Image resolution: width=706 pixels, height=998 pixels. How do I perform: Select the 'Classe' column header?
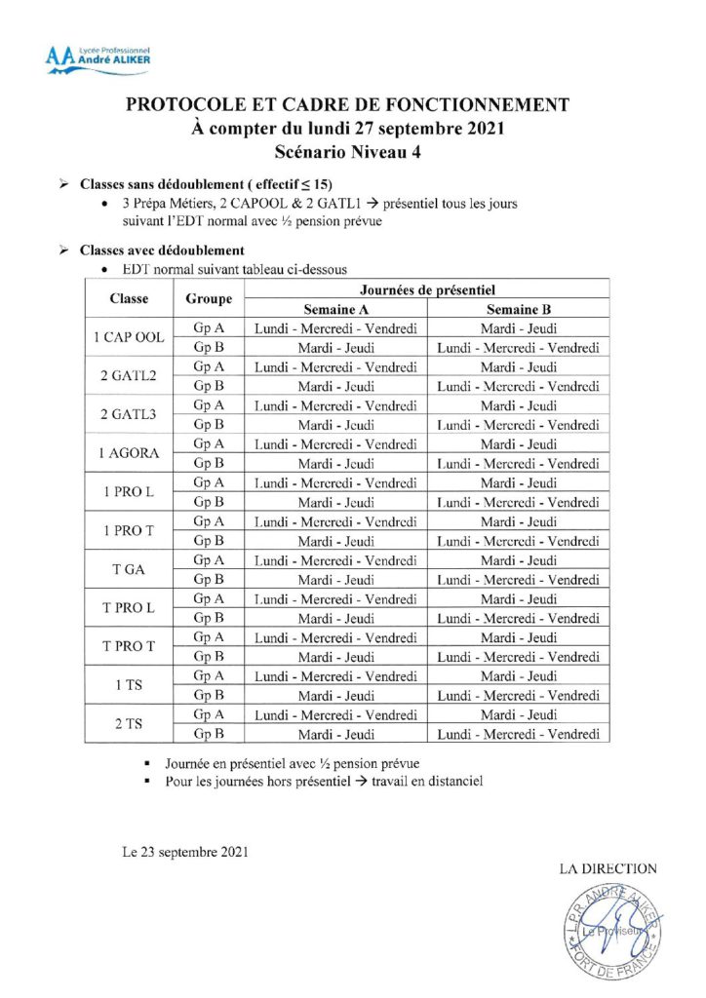coord(129,298)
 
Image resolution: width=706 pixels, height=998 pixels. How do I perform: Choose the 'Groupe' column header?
coord(208,298)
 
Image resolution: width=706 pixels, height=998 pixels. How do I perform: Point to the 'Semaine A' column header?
coord(335,308)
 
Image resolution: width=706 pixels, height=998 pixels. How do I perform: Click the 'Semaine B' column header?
coord(518,308)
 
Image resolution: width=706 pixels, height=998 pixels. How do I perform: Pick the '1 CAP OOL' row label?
coord(129,337)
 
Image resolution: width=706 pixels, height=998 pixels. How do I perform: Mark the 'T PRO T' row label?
coord(129,646)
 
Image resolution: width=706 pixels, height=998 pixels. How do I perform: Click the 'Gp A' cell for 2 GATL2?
coord(208,366)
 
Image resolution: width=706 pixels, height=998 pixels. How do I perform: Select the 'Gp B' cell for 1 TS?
coord(208,695)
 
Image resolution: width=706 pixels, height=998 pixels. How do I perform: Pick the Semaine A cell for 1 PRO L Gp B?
coord(335,502)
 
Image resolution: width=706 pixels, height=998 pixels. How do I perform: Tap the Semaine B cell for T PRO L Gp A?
coord(518,598)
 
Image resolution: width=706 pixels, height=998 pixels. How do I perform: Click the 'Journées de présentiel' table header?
coord(426,289)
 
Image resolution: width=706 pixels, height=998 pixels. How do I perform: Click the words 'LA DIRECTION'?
coord(608,869)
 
